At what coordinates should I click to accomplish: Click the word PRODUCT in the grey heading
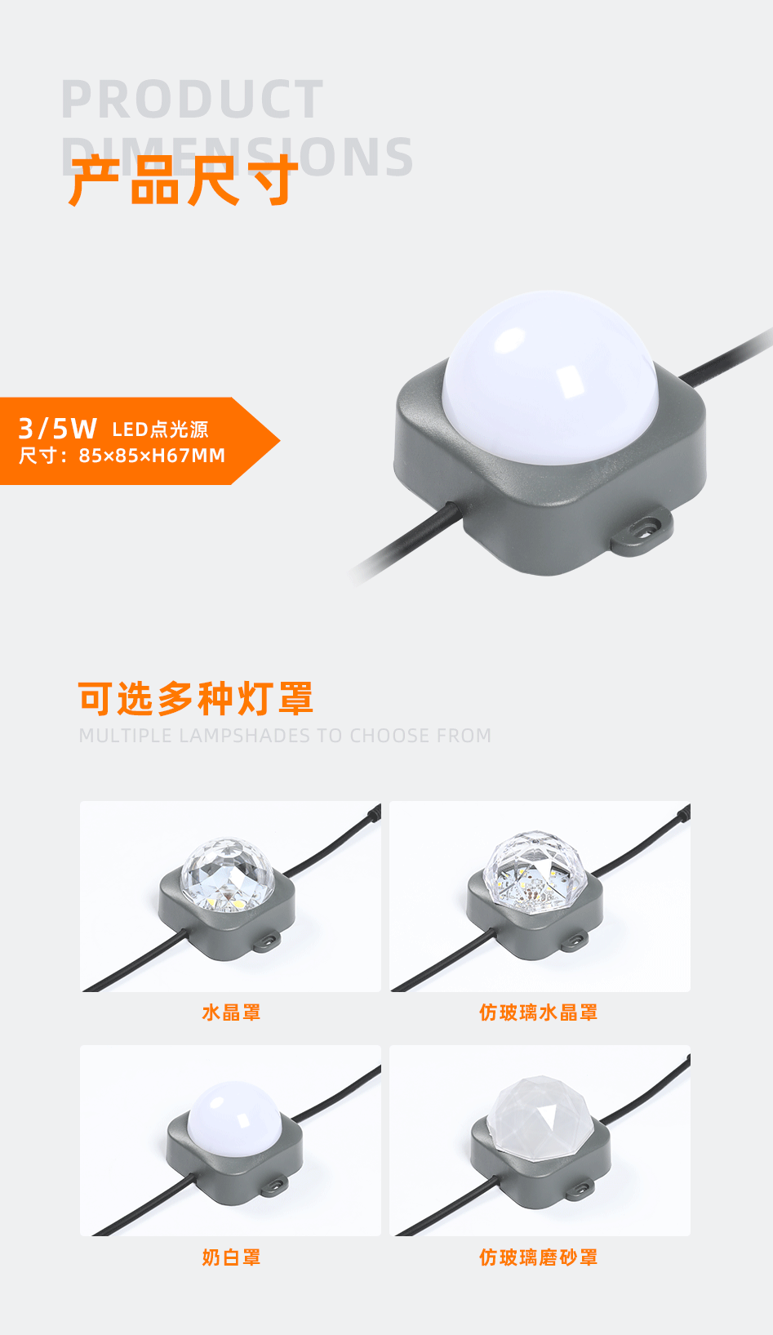pyautogui.click(x=193, y=100)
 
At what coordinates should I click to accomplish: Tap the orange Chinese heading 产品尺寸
pyautogui.click(x=183, y=180)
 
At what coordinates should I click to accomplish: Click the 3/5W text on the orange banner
pyautogui.click(x=57, y=428)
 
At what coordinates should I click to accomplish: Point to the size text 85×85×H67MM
pyautogui.click(x=152, y=456)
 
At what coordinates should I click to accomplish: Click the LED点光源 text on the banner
pyautogui.click(x=160, y=429)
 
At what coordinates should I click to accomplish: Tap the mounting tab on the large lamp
pyautogui.click(x=644, y=532)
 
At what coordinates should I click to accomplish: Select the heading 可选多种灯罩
pyautogui.click(x=196, y=699)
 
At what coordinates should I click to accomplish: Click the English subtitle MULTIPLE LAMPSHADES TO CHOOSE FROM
pyautogui.click(x=285, y=736)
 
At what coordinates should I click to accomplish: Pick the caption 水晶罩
pyautogui.click(x=231, y=1012)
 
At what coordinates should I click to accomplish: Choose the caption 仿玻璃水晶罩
pyautogui.click(x=538, y=1012)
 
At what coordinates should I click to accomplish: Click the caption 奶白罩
pyautogui.click(x=231, y=1257)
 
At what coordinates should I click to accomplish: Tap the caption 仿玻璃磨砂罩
pyautogui.click(x=538, y=1257)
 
